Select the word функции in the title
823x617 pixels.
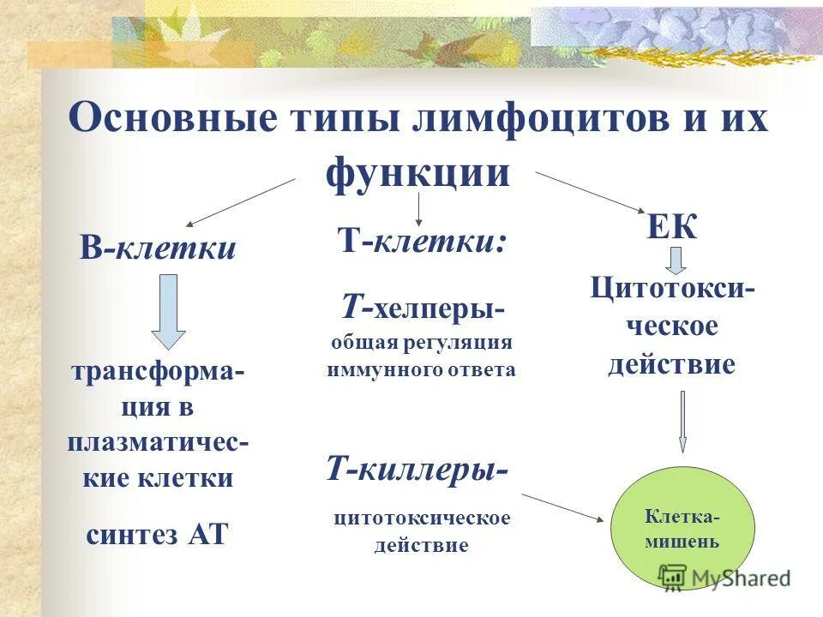pos(418,172)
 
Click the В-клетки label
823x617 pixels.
pos(159,249)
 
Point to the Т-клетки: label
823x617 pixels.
pos(421,241)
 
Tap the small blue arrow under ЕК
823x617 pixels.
pos(676,260)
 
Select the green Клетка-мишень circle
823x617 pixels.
pos(682,529)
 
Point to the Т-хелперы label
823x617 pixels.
pos(423,307)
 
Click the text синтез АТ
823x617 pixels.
pos(158,534)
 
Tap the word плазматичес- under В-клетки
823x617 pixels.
pos(159,443)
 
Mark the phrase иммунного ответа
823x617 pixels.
pos(421,370)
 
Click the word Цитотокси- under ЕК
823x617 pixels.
pos(672,288)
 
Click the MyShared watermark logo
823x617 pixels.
pos(724,577)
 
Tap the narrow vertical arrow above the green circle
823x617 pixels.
pos(682,421)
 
